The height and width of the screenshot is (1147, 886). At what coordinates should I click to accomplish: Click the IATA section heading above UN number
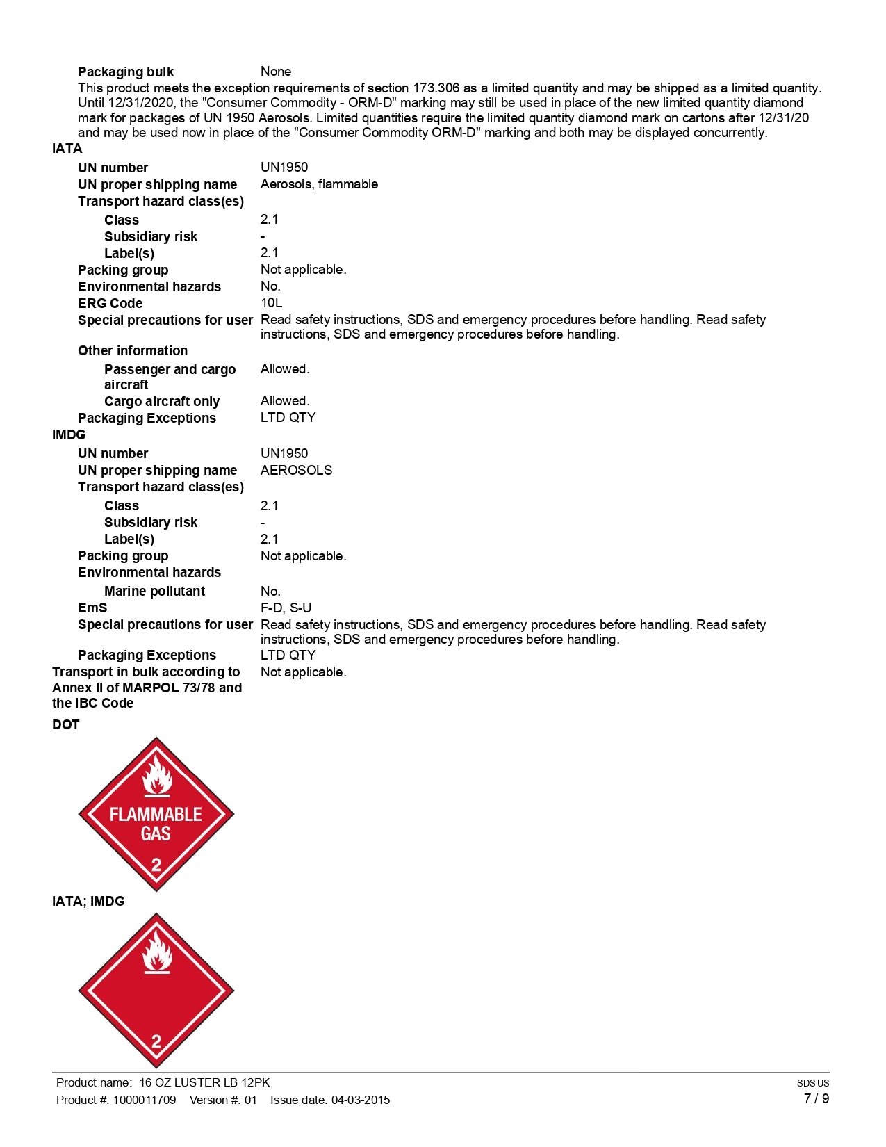pos(67,149)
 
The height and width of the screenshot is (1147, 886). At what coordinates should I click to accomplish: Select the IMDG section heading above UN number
pos(69,435)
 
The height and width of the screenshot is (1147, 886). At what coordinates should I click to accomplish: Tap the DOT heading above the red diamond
pos(65,725)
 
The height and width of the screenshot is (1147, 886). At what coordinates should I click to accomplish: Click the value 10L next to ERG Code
pos(271,303)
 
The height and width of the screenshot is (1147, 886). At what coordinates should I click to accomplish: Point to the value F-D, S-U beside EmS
pos(286,608)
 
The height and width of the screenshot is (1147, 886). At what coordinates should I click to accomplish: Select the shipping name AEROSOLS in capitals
pos(296,471)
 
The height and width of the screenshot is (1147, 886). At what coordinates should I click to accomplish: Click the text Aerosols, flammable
pos(319,184)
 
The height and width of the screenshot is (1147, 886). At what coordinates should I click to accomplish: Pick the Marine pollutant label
pos(154,592)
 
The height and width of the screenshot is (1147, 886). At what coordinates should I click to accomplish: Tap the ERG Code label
pos(110,304)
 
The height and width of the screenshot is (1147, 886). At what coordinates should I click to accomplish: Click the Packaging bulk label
pos(126,72)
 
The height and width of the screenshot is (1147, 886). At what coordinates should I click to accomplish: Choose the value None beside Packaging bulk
pos(276,72)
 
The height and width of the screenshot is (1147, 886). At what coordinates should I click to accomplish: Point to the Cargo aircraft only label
pos(162,402)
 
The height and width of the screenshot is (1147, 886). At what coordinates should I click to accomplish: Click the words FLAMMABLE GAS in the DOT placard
pos(156,824)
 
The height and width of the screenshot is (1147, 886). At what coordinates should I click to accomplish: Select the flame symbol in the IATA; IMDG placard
pos(157,952)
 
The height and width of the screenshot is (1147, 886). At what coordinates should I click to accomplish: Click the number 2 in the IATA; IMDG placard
pos(156,1041)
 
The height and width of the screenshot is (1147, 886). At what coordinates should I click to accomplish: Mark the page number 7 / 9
pos(816,1099)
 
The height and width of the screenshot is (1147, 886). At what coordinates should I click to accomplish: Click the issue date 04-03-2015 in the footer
pos(361,1100)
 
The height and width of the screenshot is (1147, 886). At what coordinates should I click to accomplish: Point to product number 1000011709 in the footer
pos(145,1100)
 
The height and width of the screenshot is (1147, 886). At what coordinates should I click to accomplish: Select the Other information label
pos(133,351)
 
